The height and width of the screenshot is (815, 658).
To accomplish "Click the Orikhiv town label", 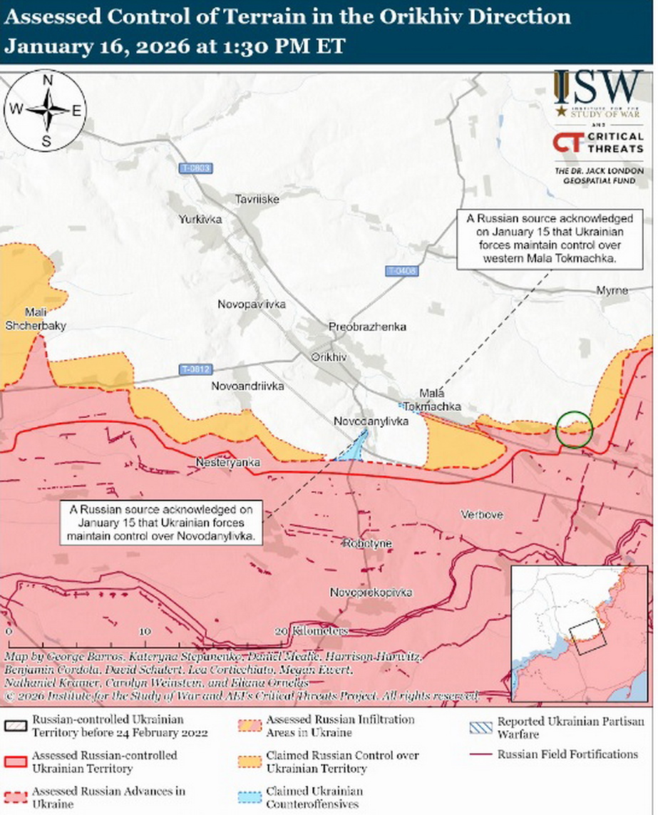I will coord(329,357).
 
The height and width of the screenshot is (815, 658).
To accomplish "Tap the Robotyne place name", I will coord(367,543).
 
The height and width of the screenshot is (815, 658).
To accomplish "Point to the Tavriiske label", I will coord(258,199).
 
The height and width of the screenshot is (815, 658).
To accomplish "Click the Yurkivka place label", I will coord(200,219).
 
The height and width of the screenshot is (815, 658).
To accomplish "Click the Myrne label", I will coord(612,291).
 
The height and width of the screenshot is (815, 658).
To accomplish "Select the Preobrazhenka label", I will coord(367,327).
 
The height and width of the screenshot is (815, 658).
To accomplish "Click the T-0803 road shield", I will coord(195,168).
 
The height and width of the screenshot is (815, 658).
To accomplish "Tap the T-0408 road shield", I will coord(402,272).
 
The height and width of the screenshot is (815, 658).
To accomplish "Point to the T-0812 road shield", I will coord(195,369).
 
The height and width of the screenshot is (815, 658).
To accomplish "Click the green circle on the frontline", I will coord(574,429).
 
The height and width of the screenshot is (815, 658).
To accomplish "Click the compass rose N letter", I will coord(47,81).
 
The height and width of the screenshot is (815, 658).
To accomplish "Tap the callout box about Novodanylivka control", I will coord(162,522).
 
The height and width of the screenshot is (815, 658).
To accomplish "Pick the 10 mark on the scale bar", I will coord(144,632).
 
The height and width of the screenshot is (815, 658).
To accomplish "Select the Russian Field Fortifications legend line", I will coord(483,754).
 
